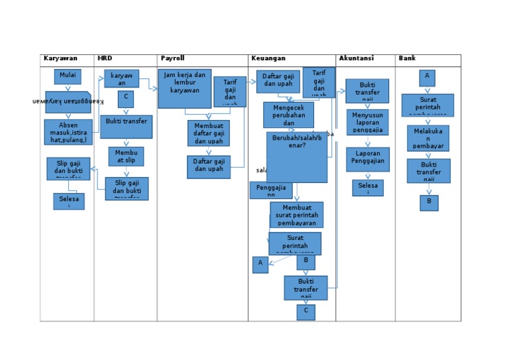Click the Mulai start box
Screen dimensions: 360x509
pos(68,76)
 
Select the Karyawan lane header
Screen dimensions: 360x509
pos(60,58)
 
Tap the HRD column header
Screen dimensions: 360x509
pos(105,58)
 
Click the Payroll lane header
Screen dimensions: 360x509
pos(172,58)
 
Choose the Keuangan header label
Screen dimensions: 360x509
pos(268,58)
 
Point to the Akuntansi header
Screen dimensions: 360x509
pos(356,58)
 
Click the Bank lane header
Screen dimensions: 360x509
pos(407,58)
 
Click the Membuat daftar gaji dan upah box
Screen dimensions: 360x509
pos(208,133)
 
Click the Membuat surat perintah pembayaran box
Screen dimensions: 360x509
pos(296,215)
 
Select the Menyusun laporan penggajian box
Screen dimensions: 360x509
pos(367,122)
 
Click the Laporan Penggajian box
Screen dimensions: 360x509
pos(367,159)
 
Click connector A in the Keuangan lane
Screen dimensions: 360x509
pos(260,265)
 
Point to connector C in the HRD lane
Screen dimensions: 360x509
pos(125,99)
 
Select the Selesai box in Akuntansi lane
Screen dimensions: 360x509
pos(367,188)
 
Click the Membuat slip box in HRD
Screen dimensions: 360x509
pos(126,156)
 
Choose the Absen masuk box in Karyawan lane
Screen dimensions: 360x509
pos(68,132)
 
